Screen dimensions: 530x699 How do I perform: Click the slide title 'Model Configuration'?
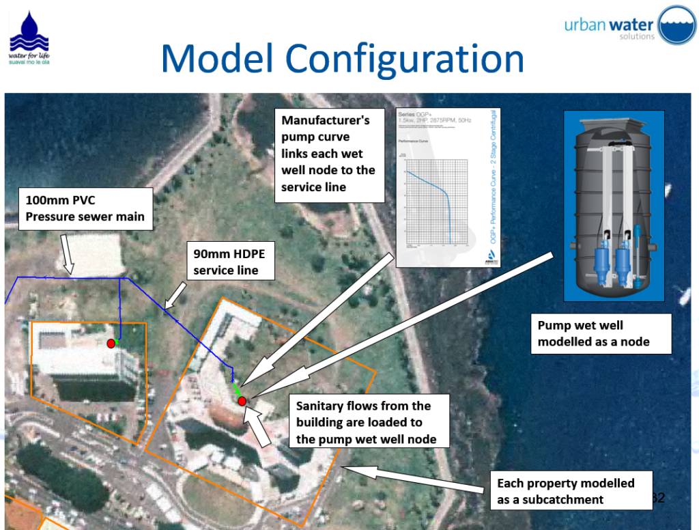point(342,59)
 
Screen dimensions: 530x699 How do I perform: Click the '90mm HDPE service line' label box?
point(231,262)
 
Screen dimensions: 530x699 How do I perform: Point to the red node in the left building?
point(111,344)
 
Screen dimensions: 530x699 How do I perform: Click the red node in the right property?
point(242,401)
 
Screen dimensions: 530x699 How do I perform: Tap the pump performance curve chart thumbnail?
point(447,187)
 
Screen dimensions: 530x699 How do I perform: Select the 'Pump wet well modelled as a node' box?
point(601,333)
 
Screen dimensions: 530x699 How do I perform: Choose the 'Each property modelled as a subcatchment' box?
point(571,491)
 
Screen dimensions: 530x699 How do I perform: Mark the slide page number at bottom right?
point(658,497)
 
